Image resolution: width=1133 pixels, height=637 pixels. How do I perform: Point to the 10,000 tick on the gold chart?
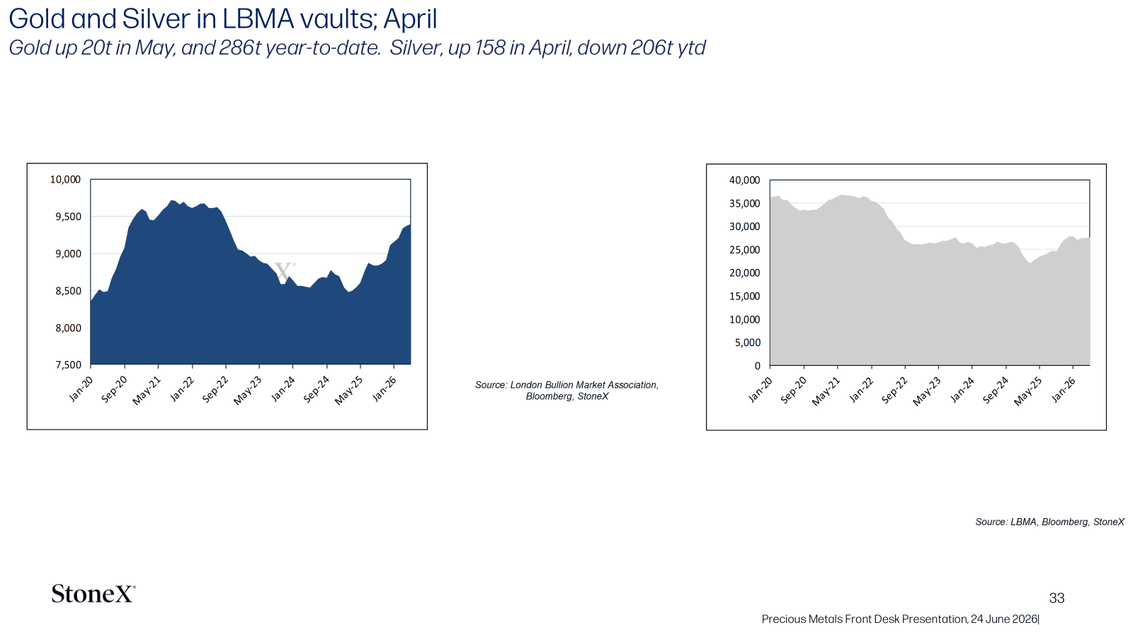(x=65, y=180)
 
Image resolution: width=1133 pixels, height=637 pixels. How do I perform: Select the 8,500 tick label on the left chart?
(x=68, y=291)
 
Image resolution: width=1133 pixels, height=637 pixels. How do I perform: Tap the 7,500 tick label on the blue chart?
(x=68, y=365)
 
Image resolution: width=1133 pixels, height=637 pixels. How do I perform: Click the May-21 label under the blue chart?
(x=146, y=391)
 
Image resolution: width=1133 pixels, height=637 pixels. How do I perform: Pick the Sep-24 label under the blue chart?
(x=316, y=390)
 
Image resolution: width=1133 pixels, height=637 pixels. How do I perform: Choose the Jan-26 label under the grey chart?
(x=1063, y=390)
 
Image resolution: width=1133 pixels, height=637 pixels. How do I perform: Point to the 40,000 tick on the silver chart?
(x=744, y=180)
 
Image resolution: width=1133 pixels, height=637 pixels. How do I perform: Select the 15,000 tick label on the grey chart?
(x=744, y=297)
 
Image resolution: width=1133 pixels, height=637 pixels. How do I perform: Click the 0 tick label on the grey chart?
(x=757, y=365)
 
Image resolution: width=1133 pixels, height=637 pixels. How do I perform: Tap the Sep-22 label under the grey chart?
(x=894, y=391)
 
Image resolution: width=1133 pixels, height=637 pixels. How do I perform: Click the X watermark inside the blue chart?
(x=284, y=272)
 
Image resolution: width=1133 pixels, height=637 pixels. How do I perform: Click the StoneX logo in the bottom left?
(x=93, y=594)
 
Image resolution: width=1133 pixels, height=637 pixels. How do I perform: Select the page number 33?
(x=1057, y=598)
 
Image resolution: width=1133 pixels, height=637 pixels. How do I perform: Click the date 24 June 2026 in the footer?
(x=1004, y=619)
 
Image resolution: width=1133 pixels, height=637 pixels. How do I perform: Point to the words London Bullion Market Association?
(x=584, y=385)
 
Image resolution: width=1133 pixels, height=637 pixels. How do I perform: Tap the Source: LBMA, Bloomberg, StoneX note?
(x=1049, y=522)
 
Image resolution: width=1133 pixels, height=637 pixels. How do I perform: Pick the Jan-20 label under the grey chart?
(x=761, y=390)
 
